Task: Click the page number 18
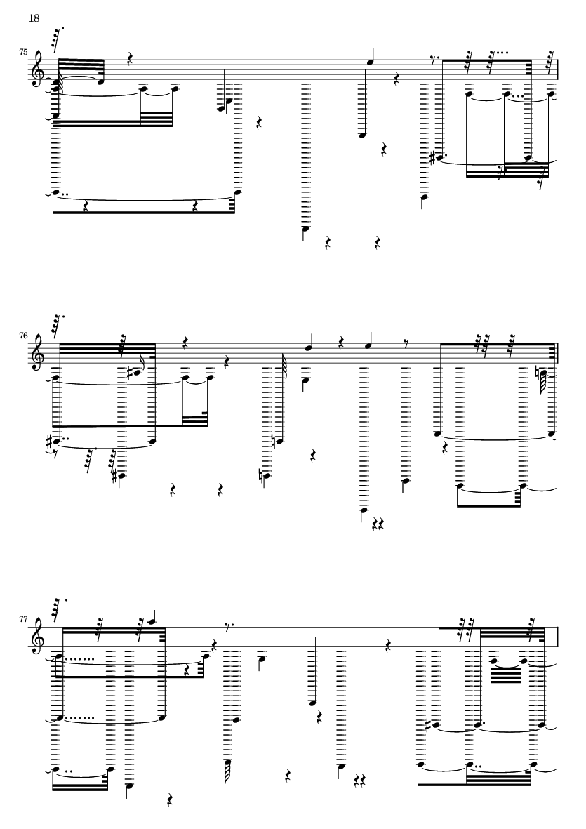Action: (x=34, y=18)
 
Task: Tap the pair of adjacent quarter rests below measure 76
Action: (x=379, y=524)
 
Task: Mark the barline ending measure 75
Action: (x=557, y=70)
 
